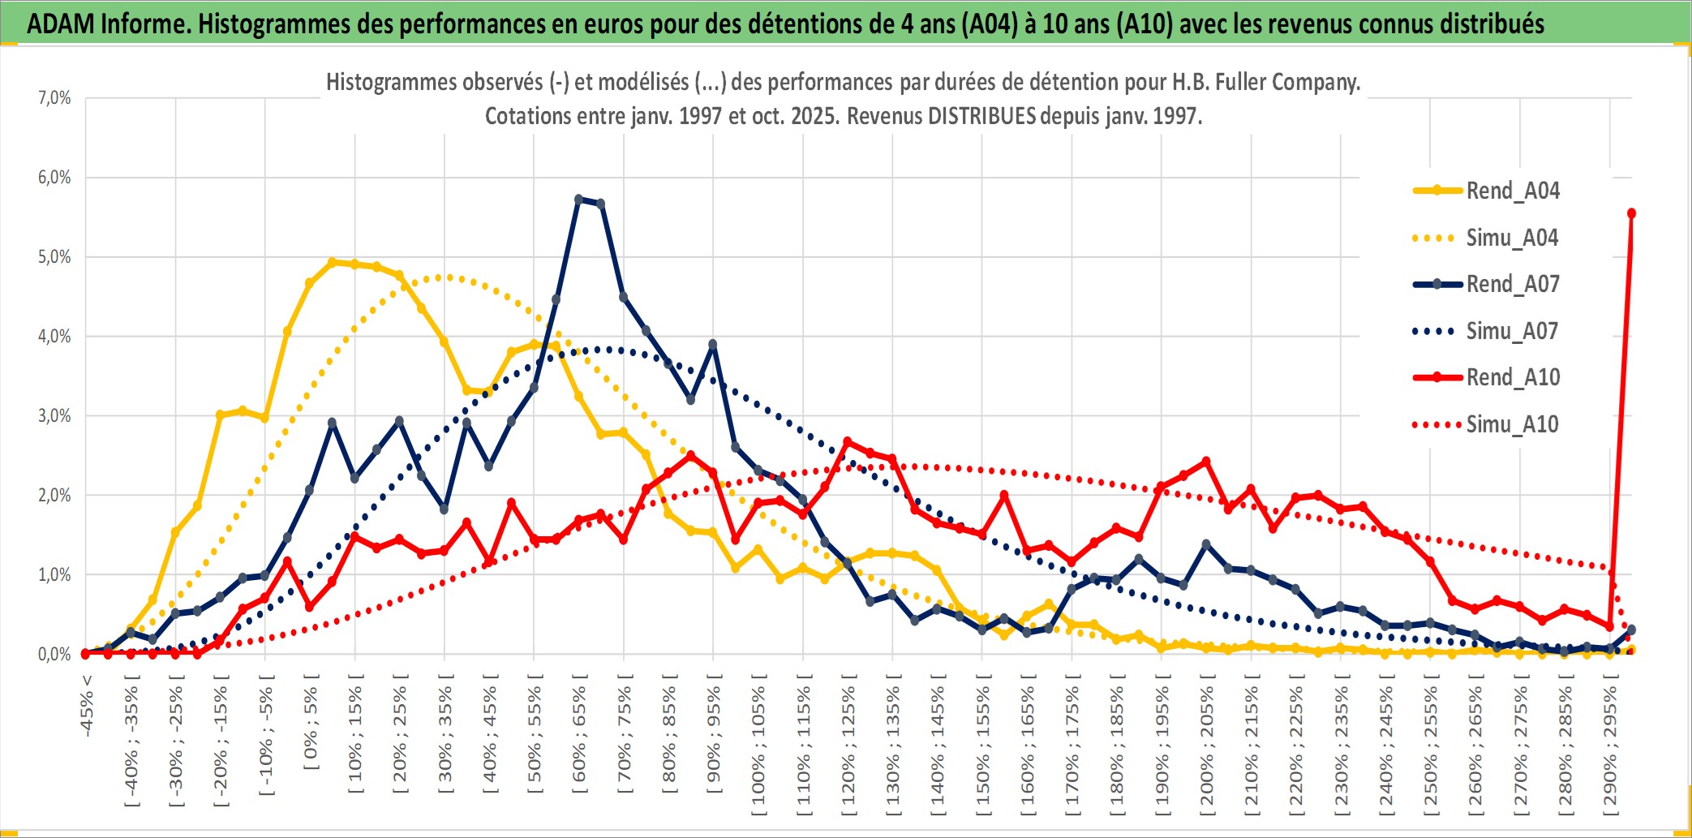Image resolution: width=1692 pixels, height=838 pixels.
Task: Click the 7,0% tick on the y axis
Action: [x=54, y=98]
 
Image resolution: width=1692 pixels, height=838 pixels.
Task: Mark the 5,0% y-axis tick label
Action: [x=54, y=257]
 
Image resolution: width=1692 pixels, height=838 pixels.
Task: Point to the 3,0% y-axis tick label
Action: [x=54, y=416]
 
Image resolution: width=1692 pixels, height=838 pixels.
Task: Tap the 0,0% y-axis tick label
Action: [x=54, y=655]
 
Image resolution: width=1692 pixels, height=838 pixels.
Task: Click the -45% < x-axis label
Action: [x=87, y=706]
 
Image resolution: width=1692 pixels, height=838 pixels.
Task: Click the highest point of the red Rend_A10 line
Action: [x=1631, y=213]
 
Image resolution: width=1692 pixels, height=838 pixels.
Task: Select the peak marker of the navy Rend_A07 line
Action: [x=578, y=199]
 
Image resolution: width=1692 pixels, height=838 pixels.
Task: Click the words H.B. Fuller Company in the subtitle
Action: [x=1265, y=82]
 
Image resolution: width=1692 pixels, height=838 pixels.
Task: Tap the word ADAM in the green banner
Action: [x=61, y=24]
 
